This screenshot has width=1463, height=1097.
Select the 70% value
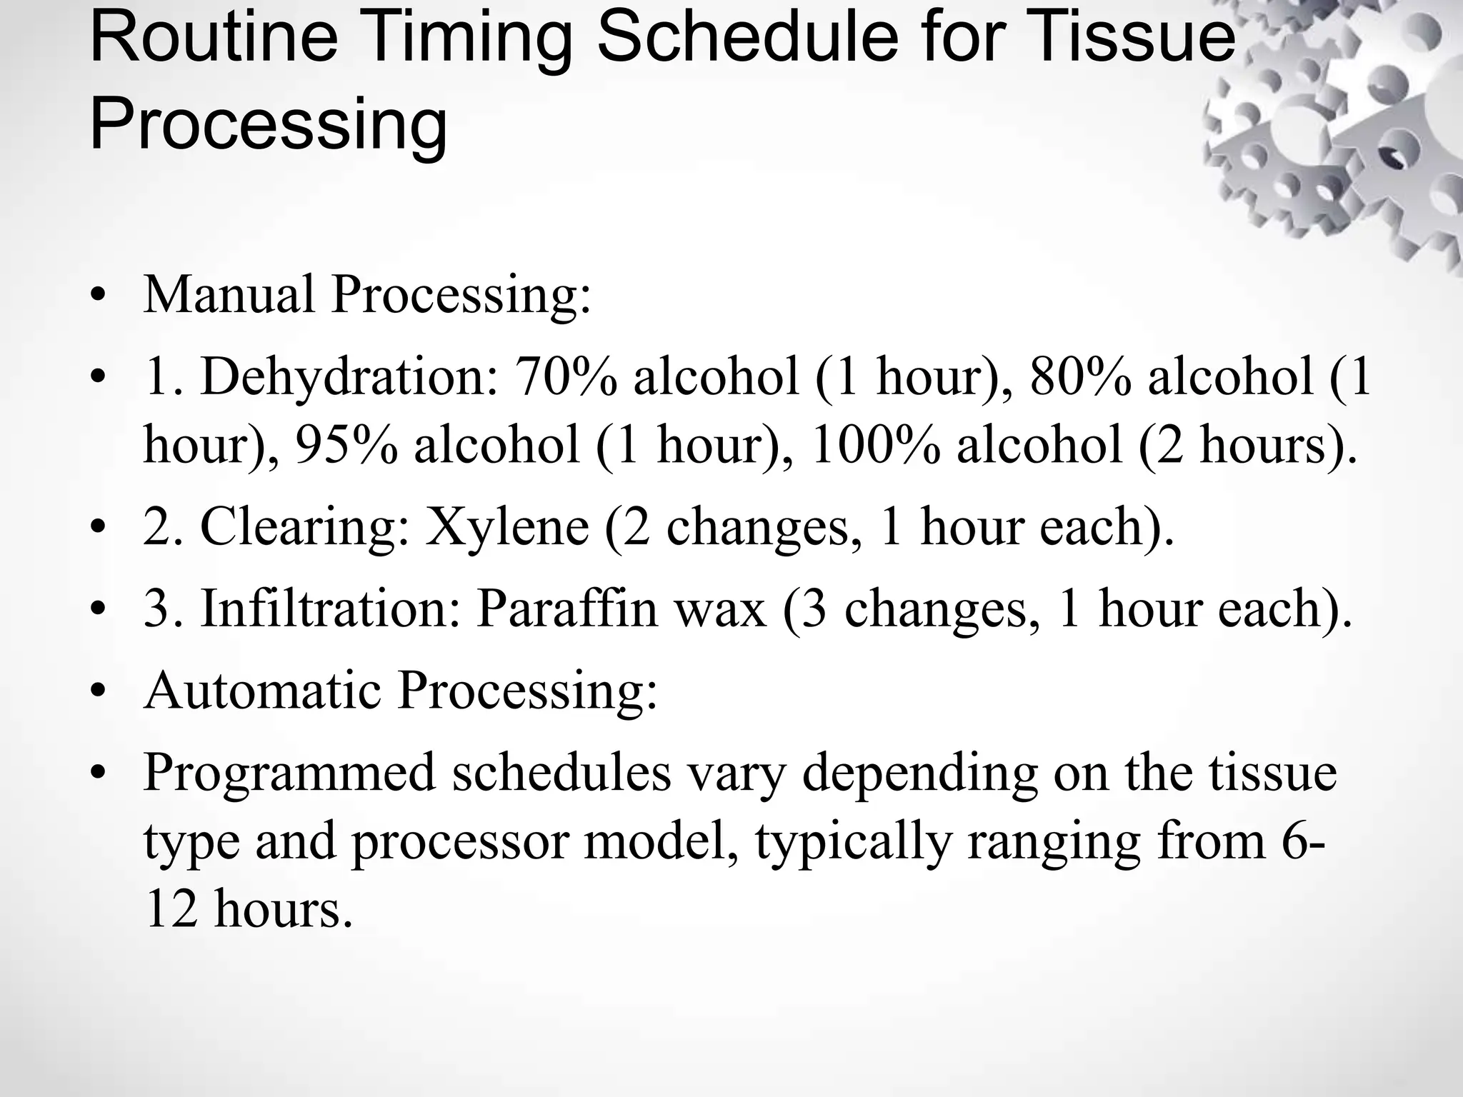[566, 376]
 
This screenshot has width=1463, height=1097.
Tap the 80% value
[1081, 376]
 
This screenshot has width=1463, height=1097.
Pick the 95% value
[347, 445]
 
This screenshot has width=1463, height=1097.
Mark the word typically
[854, 843]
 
